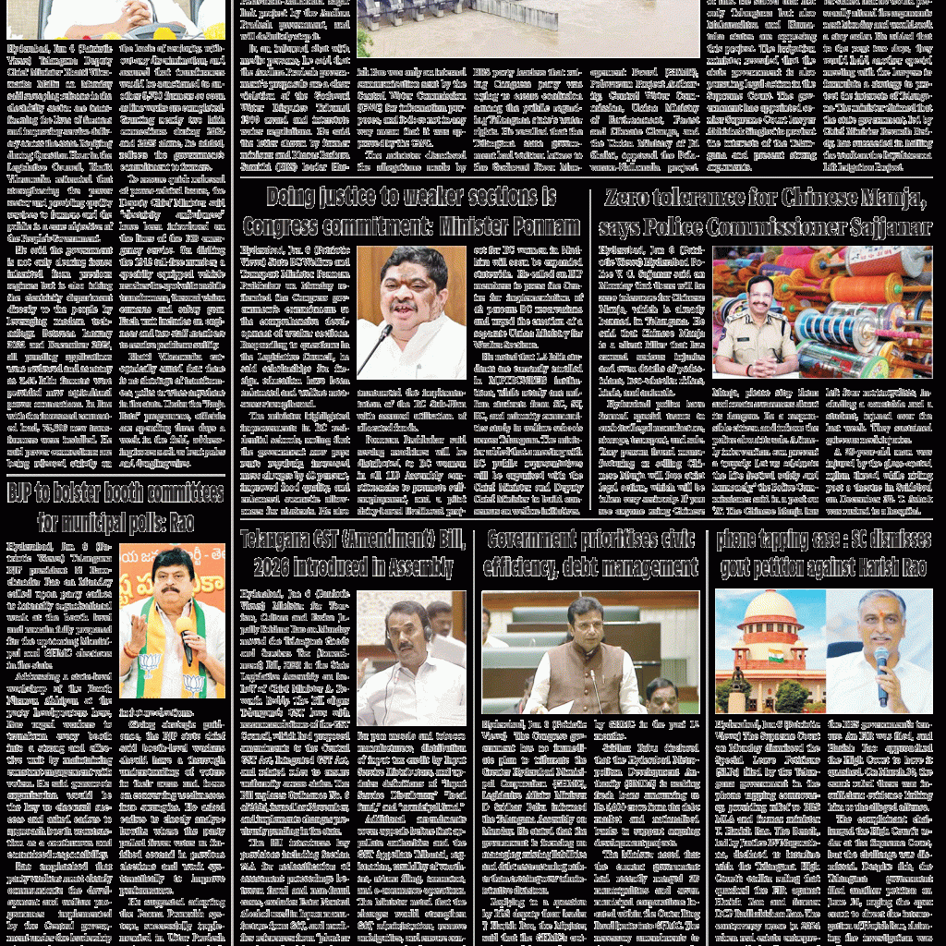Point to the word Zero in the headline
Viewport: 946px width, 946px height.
[x=632, y=198]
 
